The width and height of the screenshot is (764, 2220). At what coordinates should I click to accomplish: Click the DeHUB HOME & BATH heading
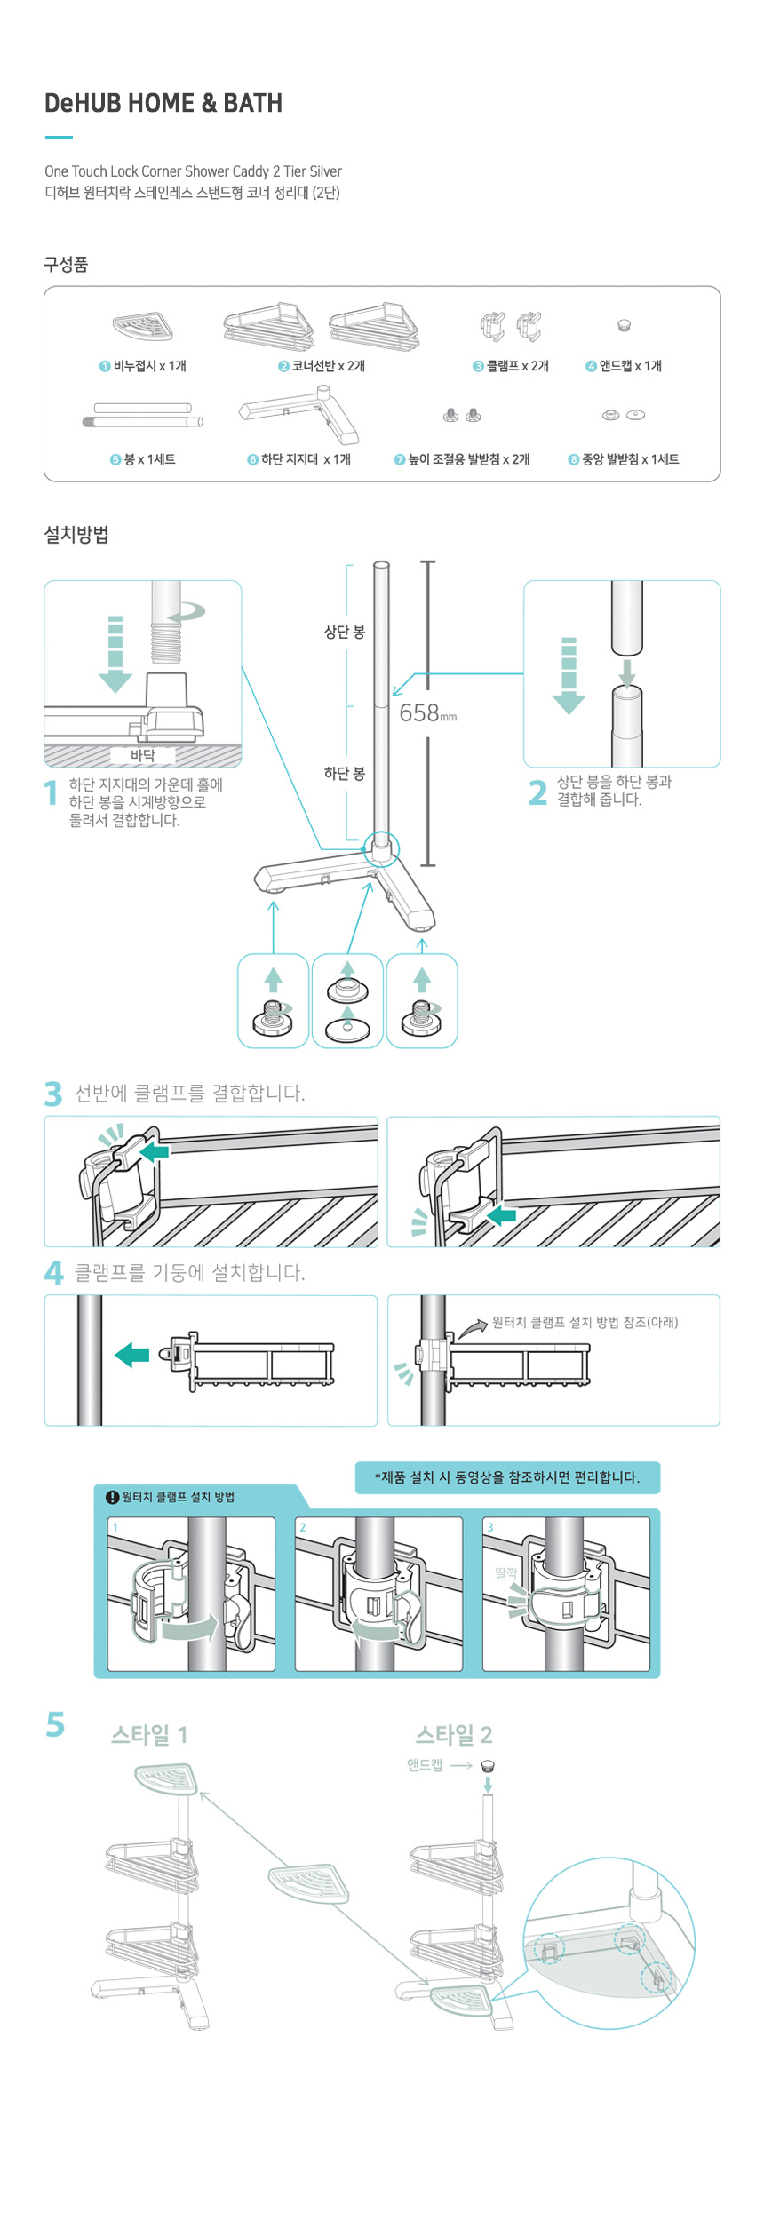coord(163,103)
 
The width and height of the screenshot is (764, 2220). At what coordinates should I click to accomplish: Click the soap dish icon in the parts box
coord(142,327)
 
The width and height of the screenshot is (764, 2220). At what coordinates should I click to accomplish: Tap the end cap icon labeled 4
coord(624,326)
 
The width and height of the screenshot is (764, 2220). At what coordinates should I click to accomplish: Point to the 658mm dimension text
coord(427,712)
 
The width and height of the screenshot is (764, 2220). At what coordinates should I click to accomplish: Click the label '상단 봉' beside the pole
coord(345,632)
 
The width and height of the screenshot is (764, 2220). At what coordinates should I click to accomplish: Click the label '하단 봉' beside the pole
coord(345,773)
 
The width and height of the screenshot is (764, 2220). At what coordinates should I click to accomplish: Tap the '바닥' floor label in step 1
coord(142,755)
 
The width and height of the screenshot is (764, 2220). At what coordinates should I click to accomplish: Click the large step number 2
coord(537,792)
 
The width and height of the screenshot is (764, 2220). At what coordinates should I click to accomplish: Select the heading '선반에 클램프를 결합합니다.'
coord(189,1093)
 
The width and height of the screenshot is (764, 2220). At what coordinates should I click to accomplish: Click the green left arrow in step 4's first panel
coord(132,1355)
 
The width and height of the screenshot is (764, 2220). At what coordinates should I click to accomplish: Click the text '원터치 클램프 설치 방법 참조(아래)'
coord(585,1322)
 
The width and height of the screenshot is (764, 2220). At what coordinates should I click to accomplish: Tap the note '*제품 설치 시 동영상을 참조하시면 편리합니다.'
coord(507,1477)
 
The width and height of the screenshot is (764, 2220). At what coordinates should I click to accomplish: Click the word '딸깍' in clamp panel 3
coord(506,1572)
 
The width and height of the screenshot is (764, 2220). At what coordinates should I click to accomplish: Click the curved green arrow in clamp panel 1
coord(190,1627)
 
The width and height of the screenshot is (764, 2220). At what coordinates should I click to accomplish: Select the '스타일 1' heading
coord(149,1735)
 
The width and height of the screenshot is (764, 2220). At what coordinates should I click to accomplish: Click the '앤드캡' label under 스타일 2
coord(425,1765)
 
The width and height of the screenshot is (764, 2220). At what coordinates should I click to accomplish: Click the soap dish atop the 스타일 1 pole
coord(166,1778)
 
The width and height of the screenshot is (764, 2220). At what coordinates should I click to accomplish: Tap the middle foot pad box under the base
coord(347,1001)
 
